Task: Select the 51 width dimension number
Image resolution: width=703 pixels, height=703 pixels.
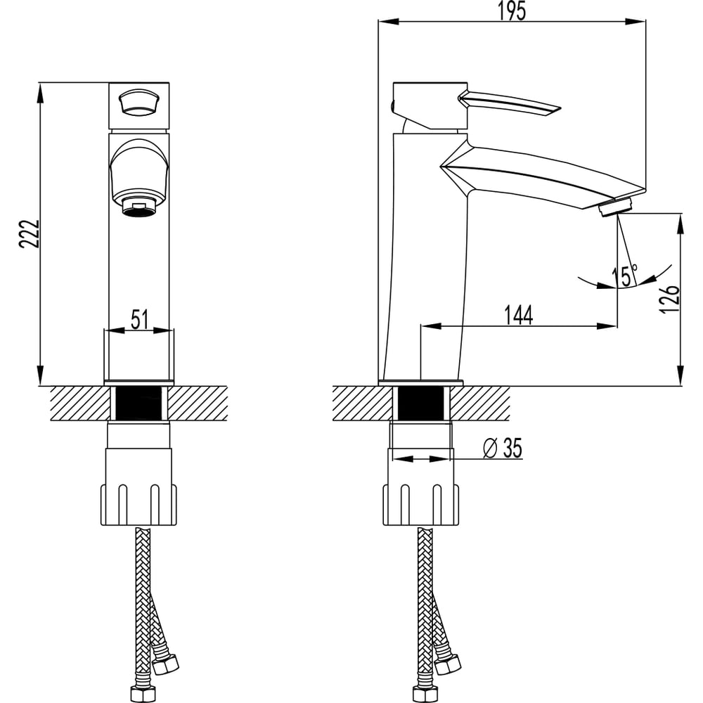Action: (x=140, y=319)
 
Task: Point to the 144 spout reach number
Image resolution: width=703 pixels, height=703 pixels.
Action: (x=517, y=316)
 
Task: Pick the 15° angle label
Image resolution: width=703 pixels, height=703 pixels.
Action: (x=624, y=276)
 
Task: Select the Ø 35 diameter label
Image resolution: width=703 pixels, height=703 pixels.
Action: (x=504, y=448)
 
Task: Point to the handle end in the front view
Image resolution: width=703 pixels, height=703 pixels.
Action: (x=138, y=103)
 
